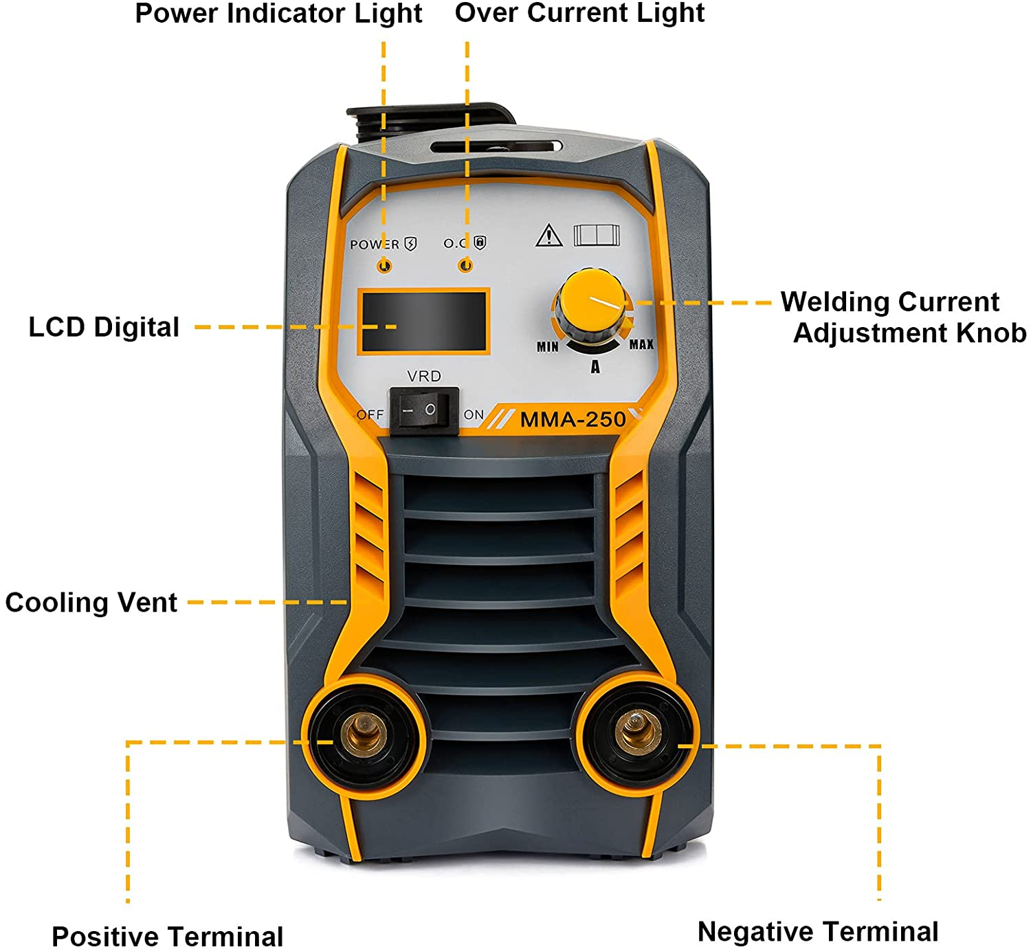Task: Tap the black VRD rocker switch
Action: pyautogui.click(x=424, y=410)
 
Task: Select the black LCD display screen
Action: pyautogui.click(x=423, y=322)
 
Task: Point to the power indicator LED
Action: pyautogui.click(x=384, y=267)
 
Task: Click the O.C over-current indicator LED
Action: pyautogui.click(x=465, y=266)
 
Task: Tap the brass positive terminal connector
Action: pyautogui.click(x=366, y=734)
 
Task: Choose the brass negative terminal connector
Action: pyautogui.click(x=637, y=731)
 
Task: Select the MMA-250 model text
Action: pyautogui.click(x=573, y=419)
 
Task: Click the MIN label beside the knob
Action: pyautogui.click(x=548, y=346)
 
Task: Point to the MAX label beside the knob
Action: pyautogui.click(x=642, y=344)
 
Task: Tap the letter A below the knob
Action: pyautogui.click(x=595, y=367)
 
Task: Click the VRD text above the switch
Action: pyautogui.click(x=424, y=376)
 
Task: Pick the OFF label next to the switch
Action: pyautogui.click(x=370, y=415)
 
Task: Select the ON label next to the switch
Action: pyautogui.click(x=474, y=415)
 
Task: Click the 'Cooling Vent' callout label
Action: pyautogui.click(x=91, y=603)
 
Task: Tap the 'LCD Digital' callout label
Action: pyautogui.click(x=104, y=328)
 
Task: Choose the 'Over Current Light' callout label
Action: pyautogui.click(x=579, y=14)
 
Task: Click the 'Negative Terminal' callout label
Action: pyautogui.click(x=818, y=931)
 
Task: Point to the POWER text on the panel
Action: pyautogui.click(x=375, y=245)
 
